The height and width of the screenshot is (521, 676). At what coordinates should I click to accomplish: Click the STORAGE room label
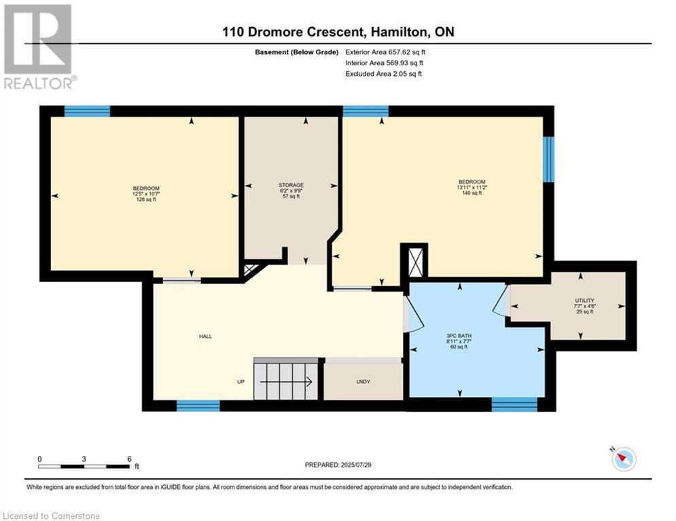pyautogui.click(x=291, y=185)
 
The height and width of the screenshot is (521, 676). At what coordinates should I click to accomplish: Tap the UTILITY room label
pyautogui.click(x=584, y=301)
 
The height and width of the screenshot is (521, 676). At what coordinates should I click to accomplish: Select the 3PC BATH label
pyautogui.click(x=459, y=336)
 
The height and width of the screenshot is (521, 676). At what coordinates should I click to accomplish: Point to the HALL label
pyautogui.click(x=205, y=336)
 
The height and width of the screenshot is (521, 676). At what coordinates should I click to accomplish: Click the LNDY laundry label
pyautogui.click(x=363, y=381)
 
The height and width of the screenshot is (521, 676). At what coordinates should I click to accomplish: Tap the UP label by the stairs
pyautogui.click(x=241, y=381)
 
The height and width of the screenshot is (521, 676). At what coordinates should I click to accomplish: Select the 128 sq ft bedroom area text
pyautogui.click(x=146, y=199)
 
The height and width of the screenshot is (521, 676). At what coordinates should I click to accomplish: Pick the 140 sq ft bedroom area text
pyautogui.click(x=472, y=193)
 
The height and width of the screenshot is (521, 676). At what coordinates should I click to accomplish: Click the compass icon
pyautogui.click(x=624, y=459)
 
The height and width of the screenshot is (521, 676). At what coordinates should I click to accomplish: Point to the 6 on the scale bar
pyautogui.click(x=129, y=459)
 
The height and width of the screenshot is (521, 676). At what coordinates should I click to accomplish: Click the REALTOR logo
pyautogui.click(x=39, y=47)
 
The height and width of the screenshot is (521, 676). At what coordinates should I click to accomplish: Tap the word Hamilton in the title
pyautogui.click(x=401, y=32)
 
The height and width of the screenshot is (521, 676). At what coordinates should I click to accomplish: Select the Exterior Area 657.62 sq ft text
pyautogui.click(x=385, y=52)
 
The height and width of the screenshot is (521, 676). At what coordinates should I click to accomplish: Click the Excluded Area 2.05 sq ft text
pyautogui.click(x=383, y=74)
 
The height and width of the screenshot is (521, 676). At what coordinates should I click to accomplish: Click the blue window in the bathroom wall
pyautogui.click(x=514, y=404)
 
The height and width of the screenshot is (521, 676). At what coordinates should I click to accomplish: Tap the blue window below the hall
pyautogui.click(x=198, y=406)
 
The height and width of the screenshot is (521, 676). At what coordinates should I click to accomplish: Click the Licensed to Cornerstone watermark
pyautogui.click(x=51, y=516)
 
